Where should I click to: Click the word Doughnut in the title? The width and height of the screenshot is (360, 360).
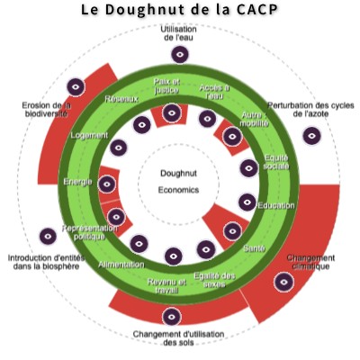coord(141,10)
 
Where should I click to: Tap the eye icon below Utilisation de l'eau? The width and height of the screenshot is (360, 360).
coord(180,55)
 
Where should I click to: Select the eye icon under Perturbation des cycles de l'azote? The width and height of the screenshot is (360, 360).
coord(312,136)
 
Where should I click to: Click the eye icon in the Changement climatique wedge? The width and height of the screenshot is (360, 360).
coord(283,282)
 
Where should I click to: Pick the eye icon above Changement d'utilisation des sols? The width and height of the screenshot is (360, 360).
coord(172,317)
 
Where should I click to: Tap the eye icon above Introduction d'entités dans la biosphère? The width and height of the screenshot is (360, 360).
coord(48,236)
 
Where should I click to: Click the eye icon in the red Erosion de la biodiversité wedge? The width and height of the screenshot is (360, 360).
coord(76,87)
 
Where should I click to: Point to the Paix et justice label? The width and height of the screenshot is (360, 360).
coord(166,86)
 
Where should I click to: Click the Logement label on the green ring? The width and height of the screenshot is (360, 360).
coord(89,135)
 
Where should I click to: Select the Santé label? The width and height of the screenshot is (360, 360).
coord(254,248)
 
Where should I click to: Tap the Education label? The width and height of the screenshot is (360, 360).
coord(276,205)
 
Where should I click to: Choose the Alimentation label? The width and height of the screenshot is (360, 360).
coord(121,265)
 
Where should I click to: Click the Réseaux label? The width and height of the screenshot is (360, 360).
coord(121,99)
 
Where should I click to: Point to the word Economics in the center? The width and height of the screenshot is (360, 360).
coord(178,190)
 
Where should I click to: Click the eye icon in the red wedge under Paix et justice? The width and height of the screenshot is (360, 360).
coord(171,112)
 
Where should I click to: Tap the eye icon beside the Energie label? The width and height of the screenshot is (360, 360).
coord(107,184)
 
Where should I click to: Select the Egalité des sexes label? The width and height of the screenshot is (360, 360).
coord(214,280)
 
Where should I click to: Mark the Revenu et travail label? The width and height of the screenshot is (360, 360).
coord(166,286)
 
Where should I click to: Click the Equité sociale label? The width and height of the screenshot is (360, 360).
coord(276,162)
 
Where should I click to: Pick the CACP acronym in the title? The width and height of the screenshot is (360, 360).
coord(256,10)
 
